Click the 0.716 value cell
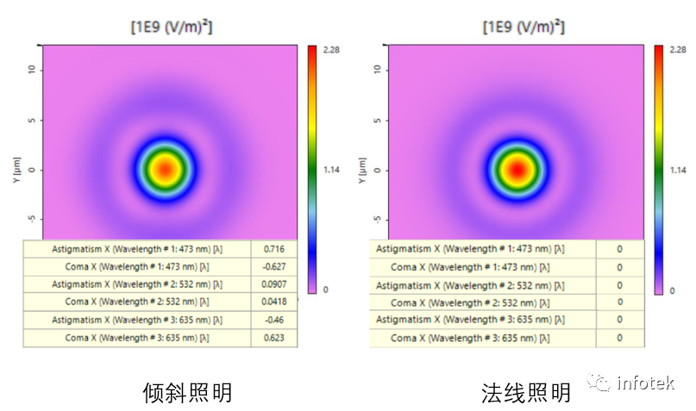[273, 249]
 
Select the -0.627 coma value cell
[273, 266]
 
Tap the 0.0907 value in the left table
[273, 283]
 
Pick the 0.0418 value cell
[273, 302]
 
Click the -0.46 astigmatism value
[273, 320]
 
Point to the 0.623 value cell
[273, 338]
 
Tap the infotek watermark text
[646, 383]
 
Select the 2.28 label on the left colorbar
[331, 51]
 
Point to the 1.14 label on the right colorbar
[678, 170]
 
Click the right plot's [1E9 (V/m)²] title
[517, 27]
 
